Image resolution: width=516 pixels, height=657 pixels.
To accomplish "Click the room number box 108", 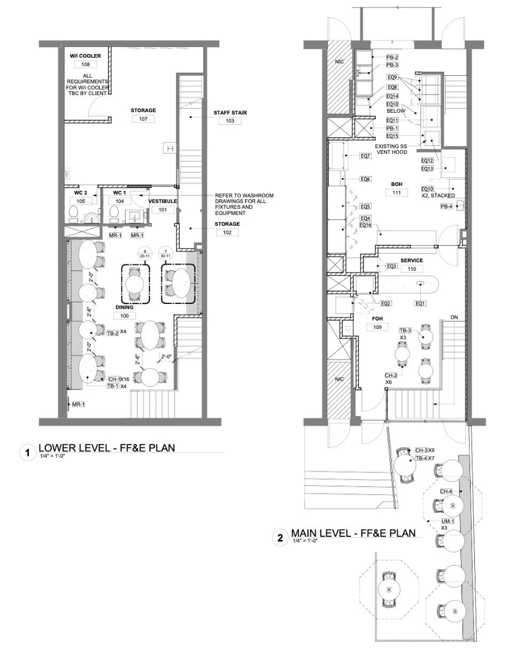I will [85, 65].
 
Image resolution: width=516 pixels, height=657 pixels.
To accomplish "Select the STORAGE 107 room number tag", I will [143, 119].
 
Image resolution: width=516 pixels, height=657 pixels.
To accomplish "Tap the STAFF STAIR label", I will [230, 113].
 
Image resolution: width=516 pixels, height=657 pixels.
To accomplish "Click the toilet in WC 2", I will [74, 215].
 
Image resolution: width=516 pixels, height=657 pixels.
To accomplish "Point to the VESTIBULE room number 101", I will [162, 210].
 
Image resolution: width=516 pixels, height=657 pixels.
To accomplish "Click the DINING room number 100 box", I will [124, 316].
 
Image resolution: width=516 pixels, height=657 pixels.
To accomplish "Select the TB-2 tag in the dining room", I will [113, 332].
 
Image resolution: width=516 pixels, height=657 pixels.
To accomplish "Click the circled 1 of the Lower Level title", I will [27, 453].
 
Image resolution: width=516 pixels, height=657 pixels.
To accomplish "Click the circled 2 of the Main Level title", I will [280, 538].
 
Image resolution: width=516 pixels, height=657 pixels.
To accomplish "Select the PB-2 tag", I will [392, 57].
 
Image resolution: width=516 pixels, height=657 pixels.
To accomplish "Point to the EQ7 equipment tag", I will [365, 156].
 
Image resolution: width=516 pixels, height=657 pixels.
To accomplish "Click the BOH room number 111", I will [396, 193].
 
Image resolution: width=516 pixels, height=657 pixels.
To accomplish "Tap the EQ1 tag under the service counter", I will [420, 303].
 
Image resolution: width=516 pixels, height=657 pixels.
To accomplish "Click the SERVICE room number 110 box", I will [412, 269].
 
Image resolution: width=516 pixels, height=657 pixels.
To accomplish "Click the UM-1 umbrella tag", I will [448, 521].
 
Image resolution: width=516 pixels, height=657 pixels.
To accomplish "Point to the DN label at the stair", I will [454, 317].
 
